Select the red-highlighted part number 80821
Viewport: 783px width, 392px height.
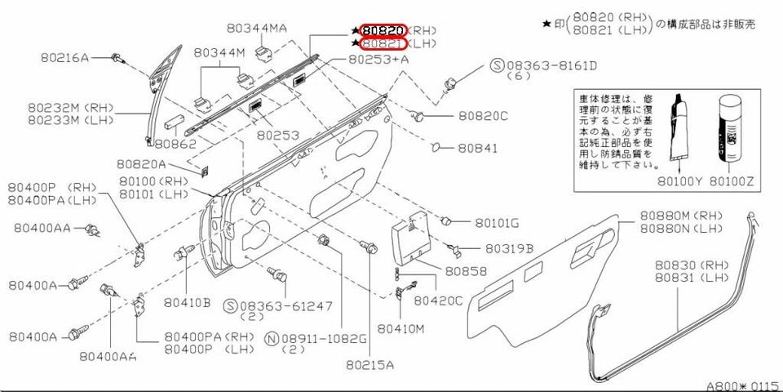(x=383, y=43)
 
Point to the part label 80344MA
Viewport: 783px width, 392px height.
(x=257, y=29)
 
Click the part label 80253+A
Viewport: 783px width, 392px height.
(x=378, y=60)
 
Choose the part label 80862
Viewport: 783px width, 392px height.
(x=175, y=144)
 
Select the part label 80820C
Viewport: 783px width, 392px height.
(x=481, y=117)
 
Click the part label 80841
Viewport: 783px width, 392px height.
(x=476, y=149)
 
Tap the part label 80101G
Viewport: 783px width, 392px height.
(x=497, y=222)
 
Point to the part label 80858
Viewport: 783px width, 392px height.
(x=466, y=271)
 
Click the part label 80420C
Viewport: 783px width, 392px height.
(x=438, y=301)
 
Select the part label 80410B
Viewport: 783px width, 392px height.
(x=186, y=302)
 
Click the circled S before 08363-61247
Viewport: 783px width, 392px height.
(x=231, y=305)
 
